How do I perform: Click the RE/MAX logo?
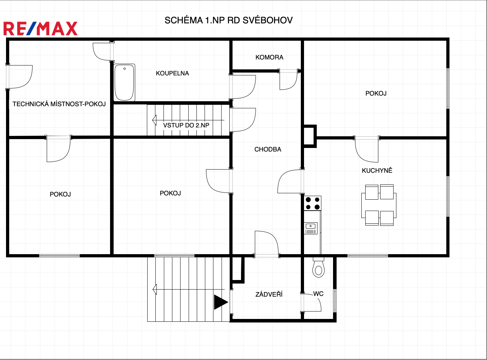(40, 29)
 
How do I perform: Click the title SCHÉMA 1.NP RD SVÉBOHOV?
(229, 20)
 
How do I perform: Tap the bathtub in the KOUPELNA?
(124, 82)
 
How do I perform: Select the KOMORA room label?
(269, 57)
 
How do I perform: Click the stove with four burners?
(313, 203)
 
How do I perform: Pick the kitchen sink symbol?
(311, 228)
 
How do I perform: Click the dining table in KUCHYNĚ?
(379, 205)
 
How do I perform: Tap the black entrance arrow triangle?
(221, 302)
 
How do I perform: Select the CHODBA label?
(268, 149)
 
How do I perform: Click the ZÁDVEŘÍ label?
(269, 294)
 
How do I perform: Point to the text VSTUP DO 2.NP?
(186, 125)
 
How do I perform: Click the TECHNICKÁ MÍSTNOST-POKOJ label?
(59, 104)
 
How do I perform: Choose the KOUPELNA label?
(172, 73)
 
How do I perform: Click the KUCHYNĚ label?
(377, 170)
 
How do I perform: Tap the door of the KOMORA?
(288, 80)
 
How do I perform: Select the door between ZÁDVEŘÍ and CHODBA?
(267, 244)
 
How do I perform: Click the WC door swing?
(311, 302)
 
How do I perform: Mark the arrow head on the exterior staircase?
(155, 289)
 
